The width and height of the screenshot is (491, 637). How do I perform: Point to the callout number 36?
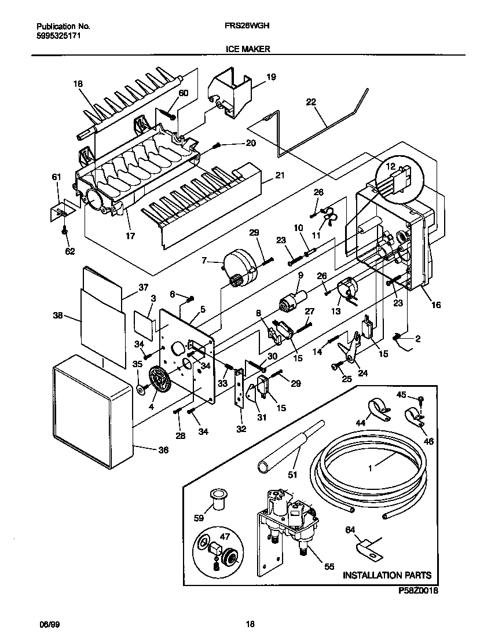pyautogui.click(x=164, y=449)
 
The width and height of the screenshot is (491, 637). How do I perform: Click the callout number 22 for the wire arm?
pyautogui.click(x=311, y=102)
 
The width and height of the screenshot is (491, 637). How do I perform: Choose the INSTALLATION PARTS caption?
pyautogui.click(x=387, y=575)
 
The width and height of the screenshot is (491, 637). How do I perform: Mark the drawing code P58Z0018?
pyautogui.click(x=418, y=591)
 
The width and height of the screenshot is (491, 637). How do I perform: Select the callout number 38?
pyautogui.click(x=57, y=316)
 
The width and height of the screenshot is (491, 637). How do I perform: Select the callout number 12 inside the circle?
pyautogui.click(x=391, y=167)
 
